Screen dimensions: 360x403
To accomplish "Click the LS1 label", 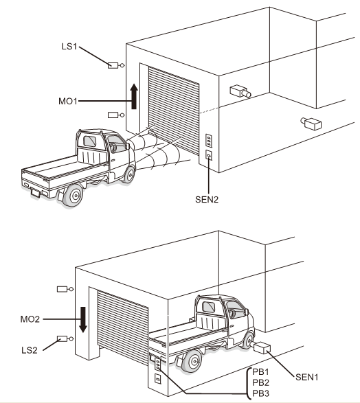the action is (69, 47).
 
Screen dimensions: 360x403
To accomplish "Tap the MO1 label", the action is (68, 101).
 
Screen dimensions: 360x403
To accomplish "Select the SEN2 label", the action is (207, 200).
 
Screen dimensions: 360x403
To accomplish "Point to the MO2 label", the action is (30, 319).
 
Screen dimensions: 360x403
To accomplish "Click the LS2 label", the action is (30, 350).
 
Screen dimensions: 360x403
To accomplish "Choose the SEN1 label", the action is (307, 378).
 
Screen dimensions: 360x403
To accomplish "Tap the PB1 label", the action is (261, 371).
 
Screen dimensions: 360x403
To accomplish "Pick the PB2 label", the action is (261, 382).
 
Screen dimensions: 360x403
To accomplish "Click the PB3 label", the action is (261, 393).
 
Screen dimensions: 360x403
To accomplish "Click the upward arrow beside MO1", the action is (134, 96).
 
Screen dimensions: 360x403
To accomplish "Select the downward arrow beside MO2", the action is (83, 319).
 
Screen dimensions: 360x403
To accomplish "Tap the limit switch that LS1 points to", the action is (115, 65).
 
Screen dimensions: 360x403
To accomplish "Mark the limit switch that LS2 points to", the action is (65, 338).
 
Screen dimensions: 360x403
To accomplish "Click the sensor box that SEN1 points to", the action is (262, 347).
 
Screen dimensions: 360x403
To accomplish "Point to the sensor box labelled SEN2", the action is (209, 155).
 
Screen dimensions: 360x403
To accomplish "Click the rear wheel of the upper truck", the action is (74, 196).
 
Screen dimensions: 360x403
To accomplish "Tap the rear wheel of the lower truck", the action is (192, 361).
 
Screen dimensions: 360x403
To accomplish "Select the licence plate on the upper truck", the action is (35, 192).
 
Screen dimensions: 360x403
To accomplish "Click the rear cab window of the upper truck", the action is (90, 141).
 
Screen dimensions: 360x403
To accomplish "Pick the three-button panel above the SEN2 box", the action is (209, 141).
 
